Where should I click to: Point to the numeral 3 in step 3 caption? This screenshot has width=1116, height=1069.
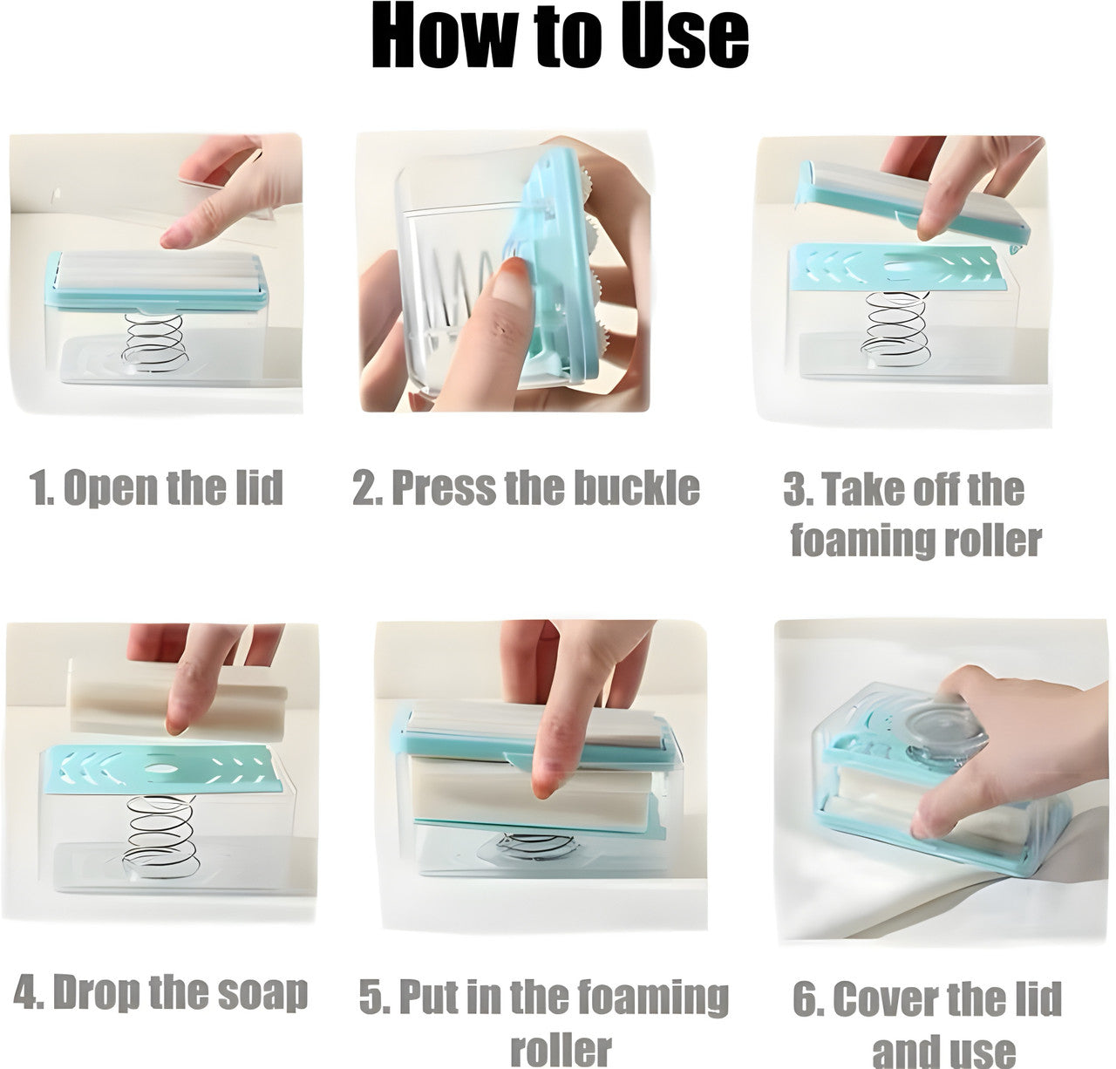[x=795, y=490]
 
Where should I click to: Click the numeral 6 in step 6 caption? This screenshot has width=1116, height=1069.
[x=806, y=999]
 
